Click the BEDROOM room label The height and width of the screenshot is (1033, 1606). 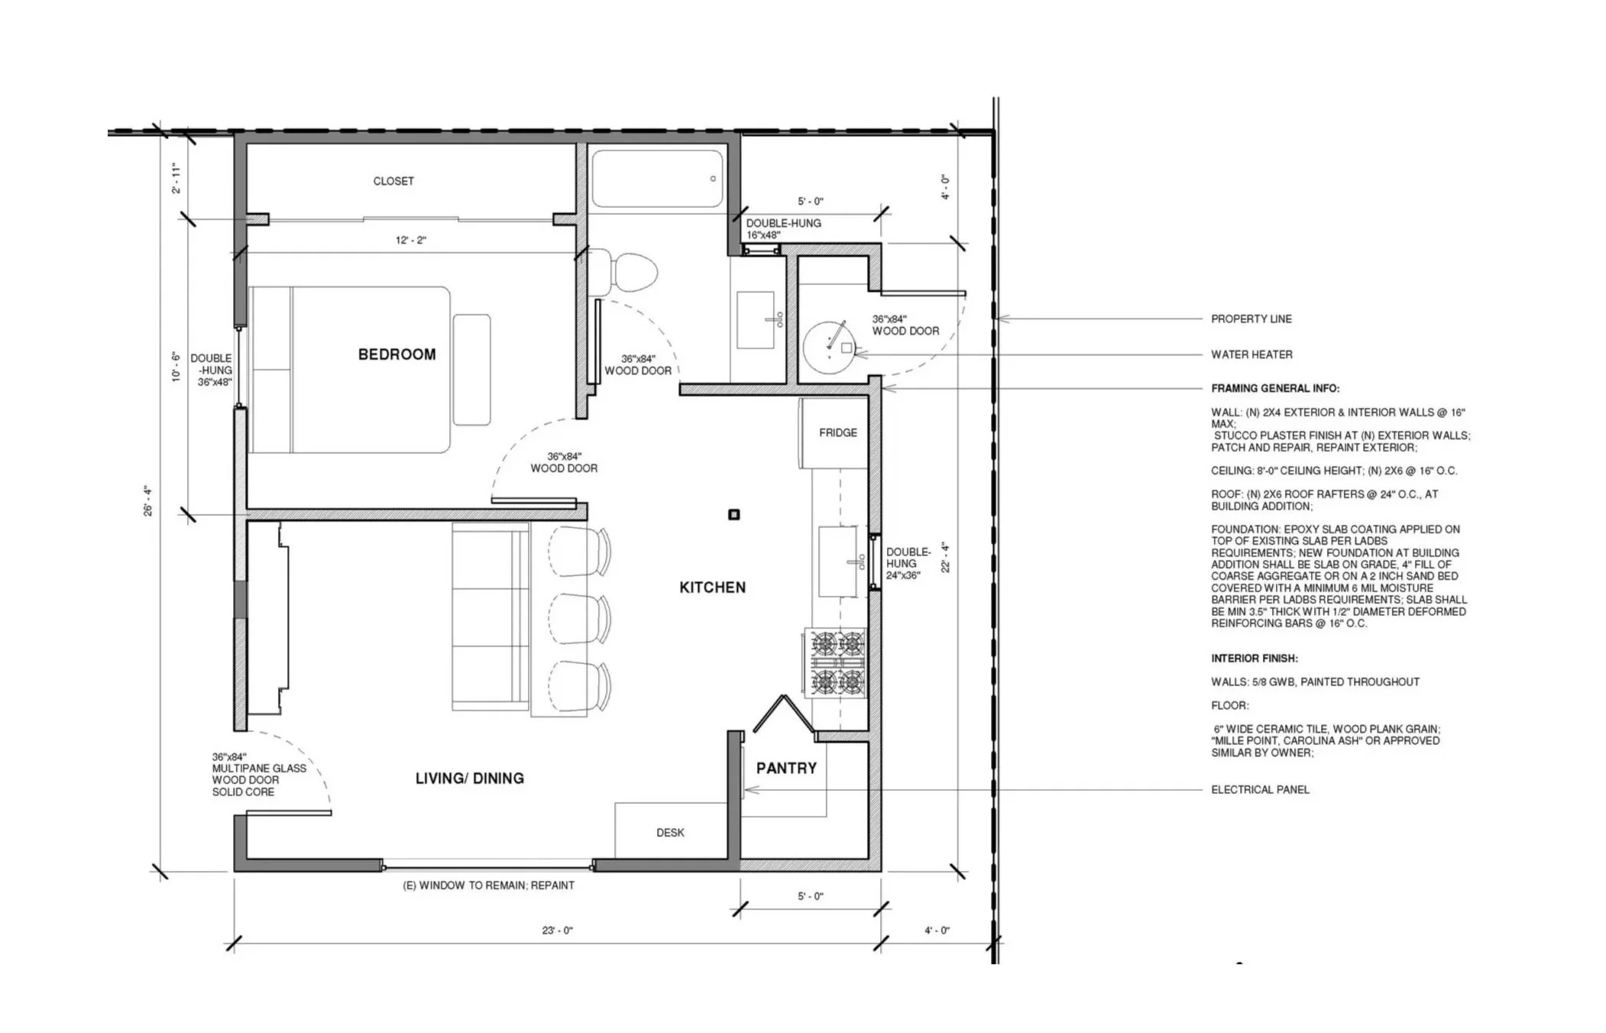coord(397,355)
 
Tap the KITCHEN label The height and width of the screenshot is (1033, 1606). coord(712,588)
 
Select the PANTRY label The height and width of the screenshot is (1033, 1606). coord(786,768)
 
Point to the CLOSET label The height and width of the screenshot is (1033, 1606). coord(393,181)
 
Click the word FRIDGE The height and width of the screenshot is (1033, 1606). coord(838,432)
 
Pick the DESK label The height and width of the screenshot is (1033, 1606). coord(670,833)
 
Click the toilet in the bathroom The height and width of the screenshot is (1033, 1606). coord(623,271)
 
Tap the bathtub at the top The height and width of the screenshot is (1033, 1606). coord(657,179)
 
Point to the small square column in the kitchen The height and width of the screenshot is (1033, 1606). coord(734,514)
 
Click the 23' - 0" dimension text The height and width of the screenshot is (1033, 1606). coord(557,931)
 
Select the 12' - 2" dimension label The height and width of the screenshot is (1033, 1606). coord(411,240)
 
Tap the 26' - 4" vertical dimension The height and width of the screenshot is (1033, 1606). coord(148,501)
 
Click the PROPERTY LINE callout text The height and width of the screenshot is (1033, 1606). coord(1251,319)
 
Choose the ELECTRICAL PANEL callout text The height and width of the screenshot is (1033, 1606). coord(1261,789)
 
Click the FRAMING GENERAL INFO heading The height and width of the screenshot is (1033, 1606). coord(1275,388)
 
